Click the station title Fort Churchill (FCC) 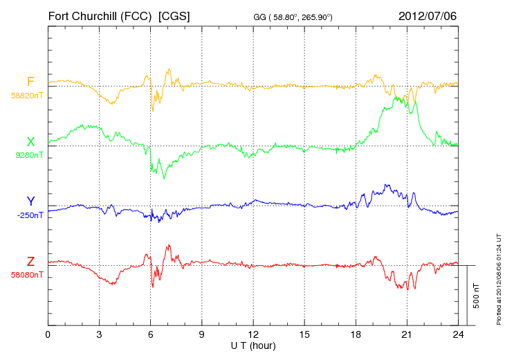pyautogui.click(x=100, y=15)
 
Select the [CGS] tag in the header pyautogui.click(x=174, y=15)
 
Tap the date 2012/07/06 pyautogui.click(x=428, y=15)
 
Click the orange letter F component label pyautogui.click(x=30, y=82)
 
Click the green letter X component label pyautogui.click(x=30, y=142)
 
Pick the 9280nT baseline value pyautogui.click(x=28, y=155)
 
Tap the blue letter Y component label pyautogui.click(x=30, y=201)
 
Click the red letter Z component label pyautogui.click(x=30, y=262)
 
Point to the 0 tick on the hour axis pyautogui.click(x=48, y=335)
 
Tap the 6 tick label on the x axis pyautogui.click(x=151, y=335)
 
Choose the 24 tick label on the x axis pyautogui.click(x=458, y=335)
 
